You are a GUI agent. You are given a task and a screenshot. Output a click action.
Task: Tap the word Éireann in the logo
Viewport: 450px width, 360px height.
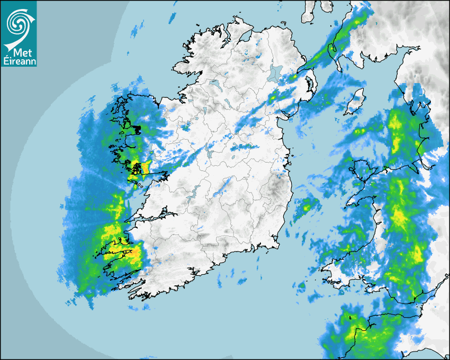[19, 61]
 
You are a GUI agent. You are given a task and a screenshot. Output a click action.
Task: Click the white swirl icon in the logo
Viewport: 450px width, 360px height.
[18, 23]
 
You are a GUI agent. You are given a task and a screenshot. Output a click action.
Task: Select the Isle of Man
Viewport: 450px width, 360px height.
[355, 102]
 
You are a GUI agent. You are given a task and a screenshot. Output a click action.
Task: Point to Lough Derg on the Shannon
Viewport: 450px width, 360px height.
[193, 191]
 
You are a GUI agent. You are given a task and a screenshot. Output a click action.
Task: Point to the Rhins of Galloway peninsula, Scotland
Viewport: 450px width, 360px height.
[335, 53]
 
